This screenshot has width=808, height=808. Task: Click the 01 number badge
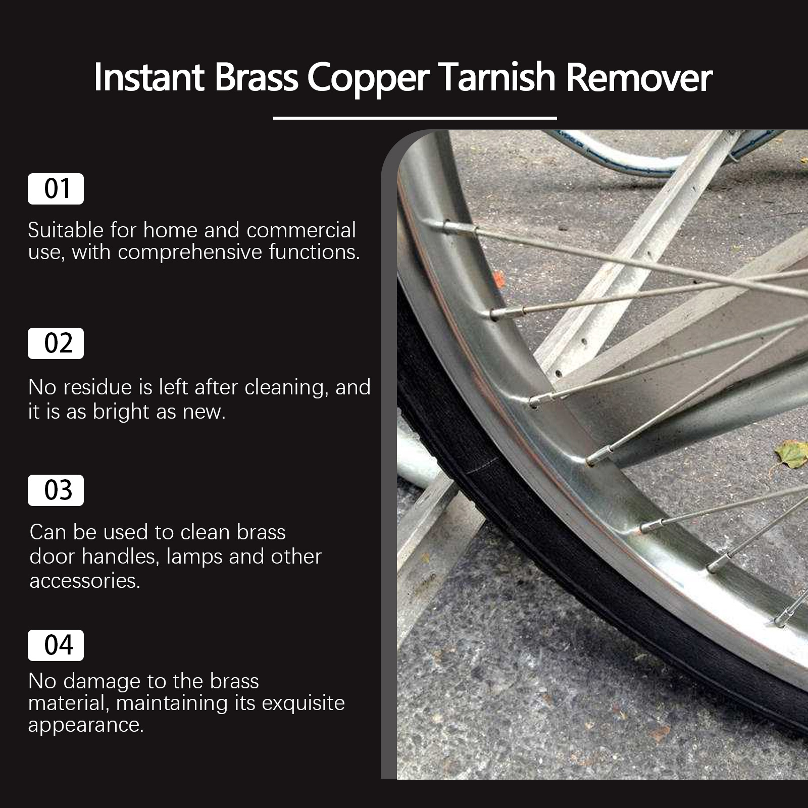click(x=56, y=189)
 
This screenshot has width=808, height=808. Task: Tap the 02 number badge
click(x=56, y=343)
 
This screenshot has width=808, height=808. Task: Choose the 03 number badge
click(x=56, y=490)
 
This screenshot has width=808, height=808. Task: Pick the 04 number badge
click(x=56, y=645)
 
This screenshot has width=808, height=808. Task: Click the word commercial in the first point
click(x=301, y=230)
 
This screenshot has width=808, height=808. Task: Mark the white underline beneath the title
click(x=415, y=118)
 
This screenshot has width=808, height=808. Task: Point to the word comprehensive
click(x=190, y=253)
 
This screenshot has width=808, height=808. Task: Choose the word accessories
click(x=85, y=581)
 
